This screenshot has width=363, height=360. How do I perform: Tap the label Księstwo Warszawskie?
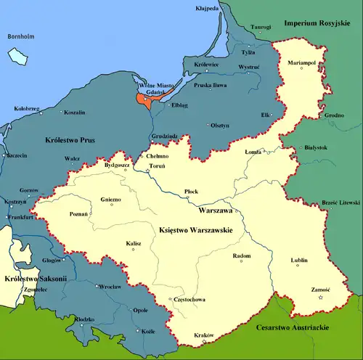click(195, 229)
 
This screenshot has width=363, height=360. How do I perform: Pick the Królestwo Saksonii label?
click(33, 278)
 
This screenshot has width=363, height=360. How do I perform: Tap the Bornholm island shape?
click(16, 56)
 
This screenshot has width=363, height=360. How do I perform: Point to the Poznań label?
click(78, 215)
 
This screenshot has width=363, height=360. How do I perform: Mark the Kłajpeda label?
click(208, 9)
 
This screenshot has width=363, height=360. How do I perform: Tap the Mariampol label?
click(302, 64)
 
